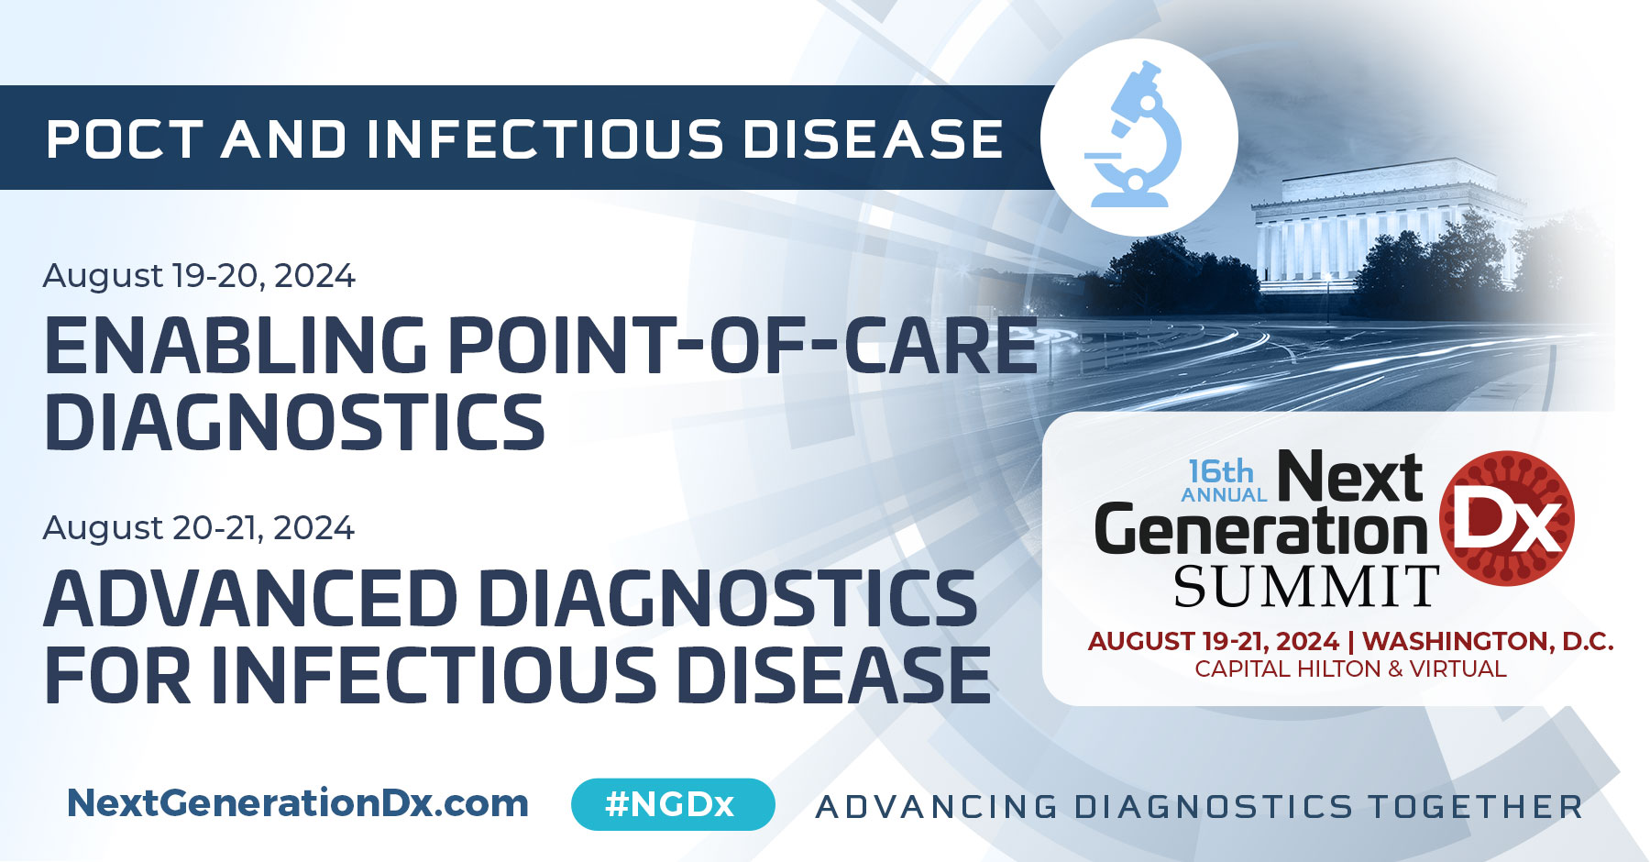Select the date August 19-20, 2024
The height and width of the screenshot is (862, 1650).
(x=199, y=275)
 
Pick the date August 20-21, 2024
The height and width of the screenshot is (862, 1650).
(x=199, y=528)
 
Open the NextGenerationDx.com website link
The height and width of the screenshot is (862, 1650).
(x=298, y=803)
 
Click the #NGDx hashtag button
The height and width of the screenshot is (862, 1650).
(x=672, y=804)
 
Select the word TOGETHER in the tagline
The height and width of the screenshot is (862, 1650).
(x=1476, y=807)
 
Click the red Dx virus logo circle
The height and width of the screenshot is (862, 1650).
(x=1507, y=519)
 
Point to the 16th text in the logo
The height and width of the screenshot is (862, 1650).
(x=1220, y=471)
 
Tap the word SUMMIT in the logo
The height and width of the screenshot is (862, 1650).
(x=1306, y=587)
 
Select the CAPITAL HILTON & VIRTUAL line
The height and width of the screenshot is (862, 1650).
(x=1350, y=669)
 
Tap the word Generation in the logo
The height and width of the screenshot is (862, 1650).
(x=1261, y=532)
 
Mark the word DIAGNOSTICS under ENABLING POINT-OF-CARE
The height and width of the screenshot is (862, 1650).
(x=295, y=422)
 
